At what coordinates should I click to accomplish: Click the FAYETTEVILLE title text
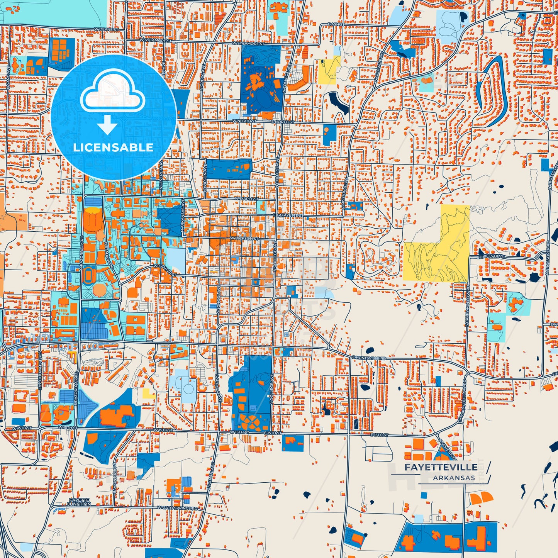coord(441,467)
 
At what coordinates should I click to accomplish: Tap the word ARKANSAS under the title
coord(454,478)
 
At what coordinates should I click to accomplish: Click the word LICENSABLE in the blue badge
coord(113,147)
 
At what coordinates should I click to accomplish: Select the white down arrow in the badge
coord(107,125)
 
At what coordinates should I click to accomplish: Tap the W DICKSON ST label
coord(244,239)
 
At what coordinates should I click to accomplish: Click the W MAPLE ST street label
coord(246,198)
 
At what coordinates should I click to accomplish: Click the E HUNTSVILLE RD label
coord(369,358)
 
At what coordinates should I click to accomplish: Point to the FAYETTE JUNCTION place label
coord(80,502)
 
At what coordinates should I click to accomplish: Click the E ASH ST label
coord(336,24)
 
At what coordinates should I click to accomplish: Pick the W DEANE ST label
coord(106,29)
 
